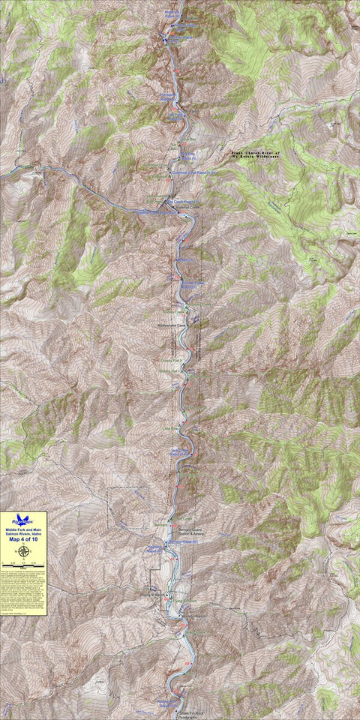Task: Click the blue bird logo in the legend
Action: click(x=24, y=519)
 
